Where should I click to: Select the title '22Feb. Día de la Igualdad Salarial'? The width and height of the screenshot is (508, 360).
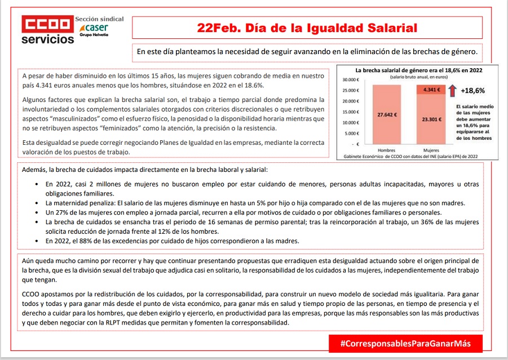pyautogui.click(x=307, y=28)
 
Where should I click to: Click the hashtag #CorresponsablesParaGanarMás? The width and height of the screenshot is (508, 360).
pyautogui.click(x=405, y=343)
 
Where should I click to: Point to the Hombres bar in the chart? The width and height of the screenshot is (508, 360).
pyautogui.click(x=386, y=115)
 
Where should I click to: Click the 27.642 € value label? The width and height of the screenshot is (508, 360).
pyautogui.click(x=387, y=114)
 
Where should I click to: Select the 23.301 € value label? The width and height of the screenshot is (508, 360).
pyautogui.click(x=431, y=119)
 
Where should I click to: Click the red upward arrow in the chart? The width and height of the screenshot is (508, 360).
pyautogui.click(x=453, y=90)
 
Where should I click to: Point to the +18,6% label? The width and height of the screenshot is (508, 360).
pyautogui.click(x=472, y=90)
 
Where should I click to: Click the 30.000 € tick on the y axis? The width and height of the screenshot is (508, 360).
pyautogui.click(x=351, y=80)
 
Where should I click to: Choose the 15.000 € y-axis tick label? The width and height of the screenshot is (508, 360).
pyautogui.click(x=351, y=112)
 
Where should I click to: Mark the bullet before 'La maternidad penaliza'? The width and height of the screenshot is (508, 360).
pyautogui.click(x=37, y=203)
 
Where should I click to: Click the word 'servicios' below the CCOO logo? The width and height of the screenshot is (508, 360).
pyautogui.click(x=47, y=40)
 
